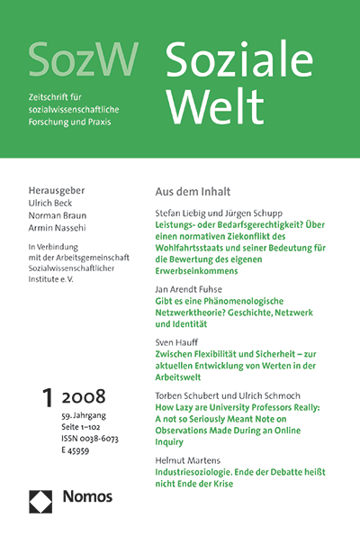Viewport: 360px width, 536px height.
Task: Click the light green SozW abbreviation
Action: tap(83, 59)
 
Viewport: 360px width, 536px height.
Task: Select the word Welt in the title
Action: tap(206, 106)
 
